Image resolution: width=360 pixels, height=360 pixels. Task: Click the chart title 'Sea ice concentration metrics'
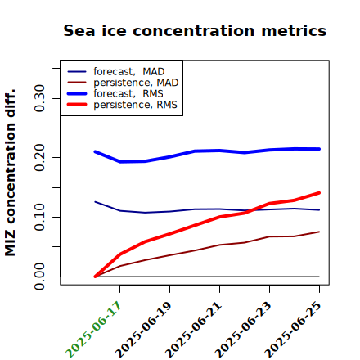(x=195, y=30)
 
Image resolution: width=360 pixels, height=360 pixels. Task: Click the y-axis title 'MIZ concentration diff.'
(x=10, y=173)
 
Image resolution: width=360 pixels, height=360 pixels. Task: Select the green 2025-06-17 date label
(x=93, y=330)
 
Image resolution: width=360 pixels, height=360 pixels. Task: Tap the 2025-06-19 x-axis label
(x=143, y=330)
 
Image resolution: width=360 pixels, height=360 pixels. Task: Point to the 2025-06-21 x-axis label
(x=193, y=330)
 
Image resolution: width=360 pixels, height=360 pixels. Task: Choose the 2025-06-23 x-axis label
(x=243, y=330)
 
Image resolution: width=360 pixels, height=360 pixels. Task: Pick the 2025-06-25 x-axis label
(x=293, y=330)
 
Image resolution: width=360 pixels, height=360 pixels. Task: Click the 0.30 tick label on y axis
(x=39, y=98)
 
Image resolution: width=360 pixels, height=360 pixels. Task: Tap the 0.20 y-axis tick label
(x=39, y=158)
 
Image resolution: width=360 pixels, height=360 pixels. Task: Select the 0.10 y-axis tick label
(x=39, y=217)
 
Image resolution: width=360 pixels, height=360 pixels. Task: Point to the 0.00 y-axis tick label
(x=39, y=277)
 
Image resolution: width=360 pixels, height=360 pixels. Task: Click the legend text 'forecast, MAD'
(x=129, y=72)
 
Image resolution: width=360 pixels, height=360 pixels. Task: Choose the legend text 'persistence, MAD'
(x=136, y=83)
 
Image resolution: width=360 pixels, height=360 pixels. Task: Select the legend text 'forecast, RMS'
(x=128, y=94)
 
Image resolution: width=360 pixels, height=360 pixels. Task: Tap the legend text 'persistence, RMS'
(x=135, y=105)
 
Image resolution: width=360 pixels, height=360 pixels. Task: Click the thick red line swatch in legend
(x=77, y=105)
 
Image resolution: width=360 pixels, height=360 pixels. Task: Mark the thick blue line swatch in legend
(x=77, y=93)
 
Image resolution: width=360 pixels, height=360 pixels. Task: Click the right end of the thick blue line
(x=319, y=149)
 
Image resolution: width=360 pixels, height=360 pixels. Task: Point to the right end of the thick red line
(x=319, y=193)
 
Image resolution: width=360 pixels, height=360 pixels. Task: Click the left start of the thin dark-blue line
(x=95, y=202)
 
